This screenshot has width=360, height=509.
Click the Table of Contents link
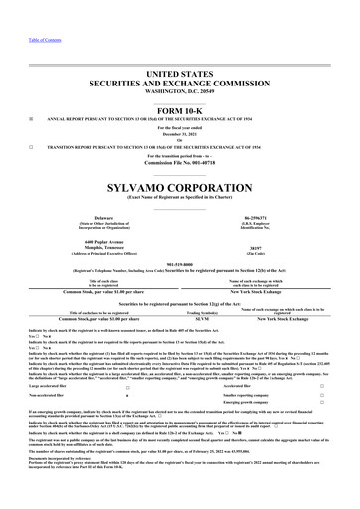tap(20, 10)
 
